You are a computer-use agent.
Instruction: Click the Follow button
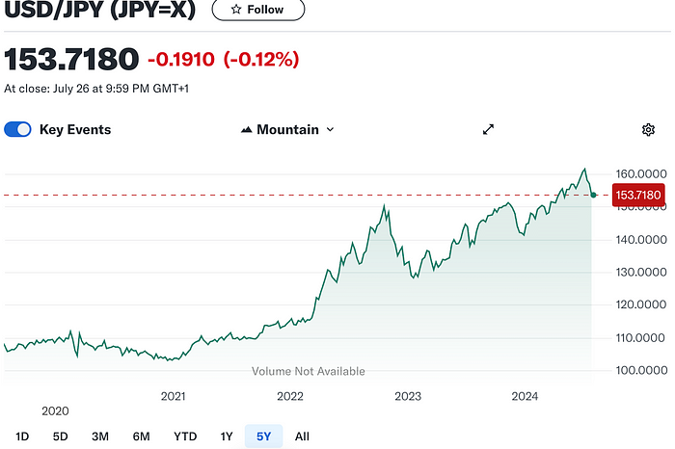[x=257, y=10]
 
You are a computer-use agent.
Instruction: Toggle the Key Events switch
[x=18, y=129]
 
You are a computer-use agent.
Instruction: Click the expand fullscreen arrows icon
[x=488, y=129]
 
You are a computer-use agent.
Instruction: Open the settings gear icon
[x=648, y=129]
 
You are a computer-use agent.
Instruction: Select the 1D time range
[x=22, y=436]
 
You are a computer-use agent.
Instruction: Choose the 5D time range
[x=60, y=436]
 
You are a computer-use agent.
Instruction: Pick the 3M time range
[x=100, y=436]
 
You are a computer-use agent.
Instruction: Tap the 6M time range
[x=142, y=436]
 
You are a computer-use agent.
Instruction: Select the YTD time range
[x=185, y=436]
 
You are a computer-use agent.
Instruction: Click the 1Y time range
[x=227, y=436]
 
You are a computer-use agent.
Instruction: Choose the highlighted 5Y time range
[x=262, y=436]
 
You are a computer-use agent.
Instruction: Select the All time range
[x=302, y=436]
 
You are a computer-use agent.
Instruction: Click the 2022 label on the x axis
[x=290, y=396]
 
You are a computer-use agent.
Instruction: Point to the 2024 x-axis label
[x=525, y=396]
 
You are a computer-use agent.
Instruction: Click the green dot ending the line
[x=594, y=195]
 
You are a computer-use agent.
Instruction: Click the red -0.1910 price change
[x=181, y=60]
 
